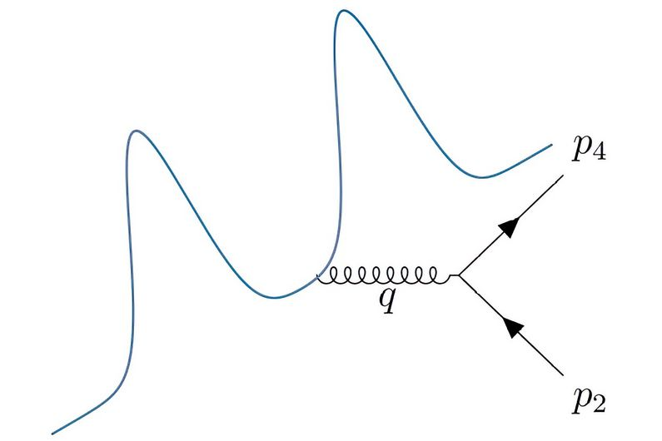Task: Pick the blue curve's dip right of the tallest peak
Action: [x=479, y=176]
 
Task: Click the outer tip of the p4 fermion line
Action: [x=565, y=176]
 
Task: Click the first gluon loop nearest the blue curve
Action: [x=328, y=275]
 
